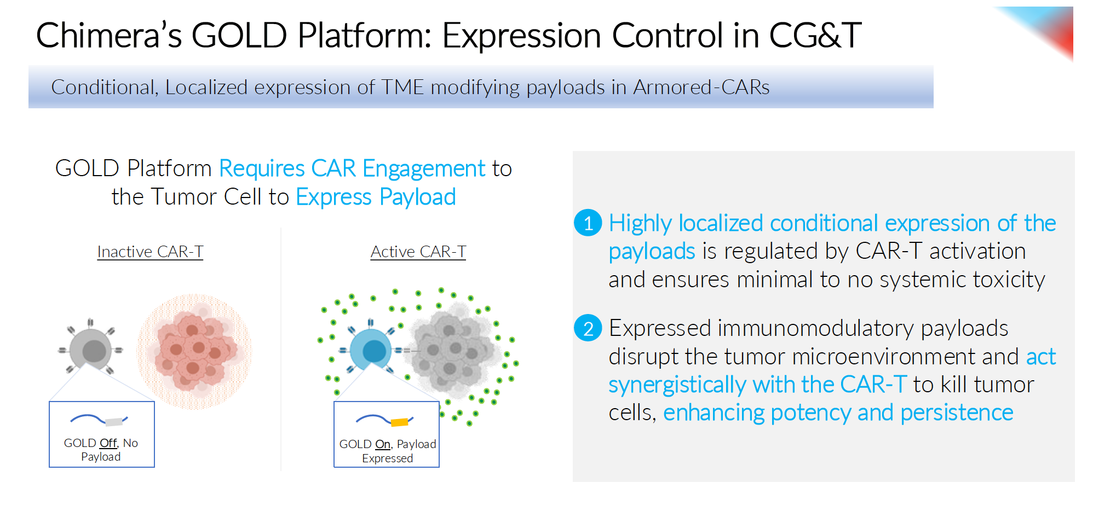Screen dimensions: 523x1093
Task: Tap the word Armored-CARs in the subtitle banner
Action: pyautogui.click(x=701, y=88)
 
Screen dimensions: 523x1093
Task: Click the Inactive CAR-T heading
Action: pyautogui.click(x=150, y=252)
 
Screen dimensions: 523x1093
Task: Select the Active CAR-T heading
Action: pyautogui.click(x=418, y=252)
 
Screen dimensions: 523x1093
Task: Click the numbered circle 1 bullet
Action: pyautogui.click(x=588, y=223)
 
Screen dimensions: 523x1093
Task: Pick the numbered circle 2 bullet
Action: pyautogui.click(x=588, y=328)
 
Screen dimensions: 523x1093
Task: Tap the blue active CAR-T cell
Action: pyautogui.click(x=371, y=350)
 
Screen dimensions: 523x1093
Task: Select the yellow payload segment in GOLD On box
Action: pyautogui.click(x=399, y=422)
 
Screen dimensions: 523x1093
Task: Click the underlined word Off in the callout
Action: pyautogui.click(x=108, y=443)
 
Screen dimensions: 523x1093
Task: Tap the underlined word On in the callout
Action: pyautogui.click(x=383, y=444)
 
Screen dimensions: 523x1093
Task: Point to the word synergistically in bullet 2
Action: pyautogui.click(x=677, y=385)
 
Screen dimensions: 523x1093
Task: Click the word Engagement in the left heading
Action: pyautogui.click(x=424, y=168)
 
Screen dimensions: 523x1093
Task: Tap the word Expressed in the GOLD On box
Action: pyautogui.click(x=387, y=458)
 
